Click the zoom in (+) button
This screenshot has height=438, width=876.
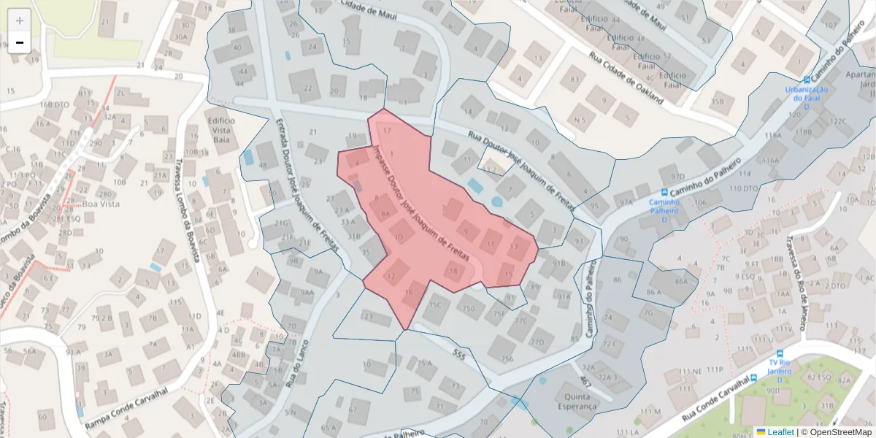point(20,20)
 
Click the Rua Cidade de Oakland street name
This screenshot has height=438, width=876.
point(627,76)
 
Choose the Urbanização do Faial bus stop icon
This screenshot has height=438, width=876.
point(807,80)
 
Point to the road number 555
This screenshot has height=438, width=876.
point(458,354)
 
